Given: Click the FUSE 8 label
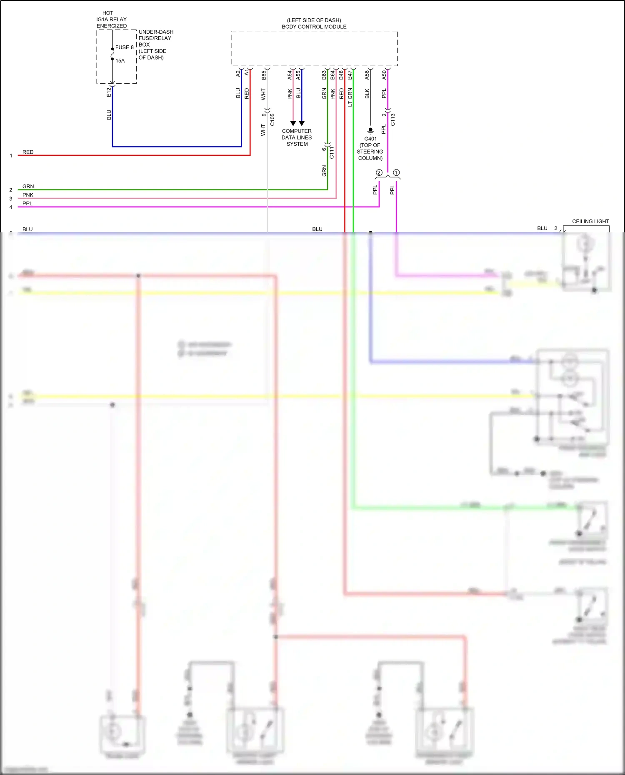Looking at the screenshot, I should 124,47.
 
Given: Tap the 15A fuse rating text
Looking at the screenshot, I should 120,61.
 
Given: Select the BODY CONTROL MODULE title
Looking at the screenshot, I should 314,27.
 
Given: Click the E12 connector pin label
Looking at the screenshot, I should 109,92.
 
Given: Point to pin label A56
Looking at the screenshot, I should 367,75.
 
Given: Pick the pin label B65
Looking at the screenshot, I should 264,75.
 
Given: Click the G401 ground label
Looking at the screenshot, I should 370,139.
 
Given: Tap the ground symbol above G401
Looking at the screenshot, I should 370,130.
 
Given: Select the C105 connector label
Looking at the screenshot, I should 272,120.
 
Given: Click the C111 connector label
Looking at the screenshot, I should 332,153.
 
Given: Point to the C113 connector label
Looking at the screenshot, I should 392,120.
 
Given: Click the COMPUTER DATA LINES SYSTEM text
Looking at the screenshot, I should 297,137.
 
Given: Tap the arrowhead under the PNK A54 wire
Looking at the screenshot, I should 293,123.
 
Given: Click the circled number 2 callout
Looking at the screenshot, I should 379,172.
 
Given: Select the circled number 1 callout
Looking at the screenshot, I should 396,172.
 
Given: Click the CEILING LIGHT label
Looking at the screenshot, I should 590,222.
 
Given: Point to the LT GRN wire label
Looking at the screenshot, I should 350,97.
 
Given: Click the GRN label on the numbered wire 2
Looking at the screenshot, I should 28,186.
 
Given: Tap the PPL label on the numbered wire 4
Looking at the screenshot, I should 27,203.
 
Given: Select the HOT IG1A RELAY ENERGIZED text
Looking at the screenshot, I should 111,19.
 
